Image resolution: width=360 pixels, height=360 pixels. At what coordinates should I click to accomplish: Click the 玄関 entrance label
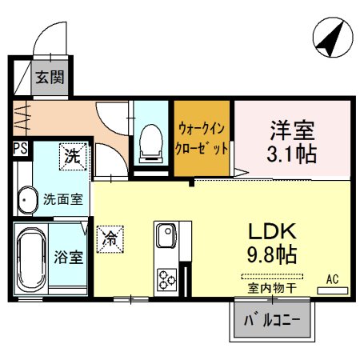click(50, 78)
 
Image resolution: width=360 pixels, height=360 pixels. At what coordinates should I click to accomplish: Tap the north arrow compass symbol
click(333, 38)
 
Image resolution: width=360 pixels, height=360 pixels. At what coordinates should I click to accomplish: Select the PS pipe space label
click(21, 149)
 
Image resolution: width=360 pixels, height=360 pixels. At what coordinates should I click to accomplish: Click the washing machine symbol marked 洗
click(73, 157)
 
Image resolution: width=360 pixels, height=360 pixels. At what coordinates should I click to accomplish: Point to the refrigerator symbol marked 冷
click(110, 239)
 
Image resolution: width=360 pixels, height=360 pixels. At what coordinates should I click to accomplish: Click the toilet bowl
click(151, 143)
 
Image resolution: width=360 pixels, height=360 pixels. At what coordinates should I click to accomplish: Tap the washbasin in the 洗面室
click(27, 200)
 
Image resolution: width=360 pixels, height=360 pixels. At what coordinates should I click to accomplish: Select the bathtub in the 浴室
click(31, 259)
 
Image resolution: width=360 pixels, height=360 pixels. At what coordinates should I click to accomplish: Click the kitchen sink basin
click(166, 235)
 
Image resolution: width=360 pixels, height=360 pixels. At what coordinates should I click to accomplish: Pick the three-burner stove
click(167, 279)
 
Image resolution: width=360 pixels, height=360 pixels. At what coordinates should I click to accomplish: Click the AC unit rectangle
click(333, 290)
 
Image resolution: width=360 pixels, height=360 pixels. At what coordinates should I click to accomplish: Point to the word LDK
click(272, 231)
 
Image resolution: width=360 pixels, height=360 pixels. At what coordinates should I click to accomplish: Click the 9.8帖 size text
click(272, 254)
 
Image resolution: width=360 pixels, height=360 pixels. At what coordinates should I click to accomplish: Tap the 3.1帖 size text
click(292, 154)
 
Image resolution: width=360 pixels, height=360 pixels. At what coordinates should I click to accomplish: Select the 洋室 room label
click(292, 130)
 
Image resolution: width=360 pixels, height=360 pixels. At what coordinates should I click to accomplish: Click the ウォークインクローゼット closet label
click(202, 138)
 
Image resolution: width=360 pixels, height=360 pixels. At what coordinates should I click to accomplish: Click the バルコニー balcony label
click(272, 320)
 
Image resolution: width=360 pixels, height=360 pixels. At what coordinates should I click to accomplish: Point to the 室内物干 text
click(272, 288)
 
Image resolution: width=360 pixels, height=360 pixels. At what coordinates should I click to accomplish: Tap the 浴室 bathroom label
click(69, 258)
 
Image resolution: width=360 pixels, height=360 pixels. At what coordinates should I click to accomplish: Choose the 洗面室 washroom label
click(63, 199)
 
